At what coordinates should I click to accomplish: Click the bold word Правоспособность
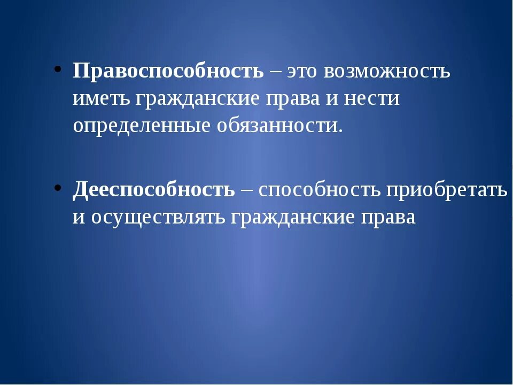pyautogui.click(x=168, y=71)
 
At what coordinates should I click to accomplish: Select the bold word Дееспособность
pyautogui.click(x=154, y=189)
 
